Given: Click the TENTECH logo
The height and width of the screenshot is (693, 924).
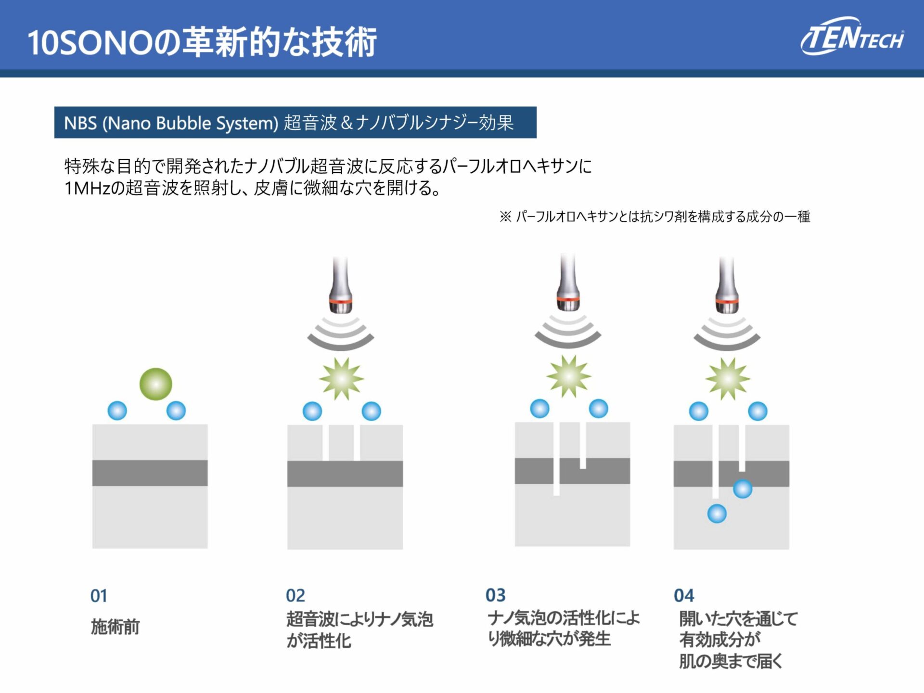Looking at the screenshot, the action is (852, 37).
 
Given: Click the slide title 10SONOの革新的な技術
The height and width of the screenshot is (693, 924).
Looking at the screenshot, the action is (202, 42).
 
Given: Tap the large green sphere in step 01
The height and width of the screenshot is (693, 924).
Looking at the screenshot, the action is (155, 384).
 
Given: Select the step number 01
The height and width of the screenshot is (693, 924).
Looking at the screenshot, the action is (99, 596).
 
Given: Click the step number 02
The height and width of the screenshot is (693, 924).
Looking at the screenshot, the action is (295, 596).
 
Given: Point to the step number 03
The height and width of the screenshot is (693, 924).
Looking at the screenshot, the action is (495, 595).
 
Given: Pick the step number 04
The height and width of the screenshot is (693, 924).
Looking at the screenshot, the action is (684, 596).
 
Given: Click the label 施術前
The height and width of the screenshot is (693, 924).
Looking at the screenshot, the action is (115, 627).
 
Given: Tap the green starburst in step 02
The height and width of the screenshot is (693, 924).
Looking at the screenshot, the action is (341, 379).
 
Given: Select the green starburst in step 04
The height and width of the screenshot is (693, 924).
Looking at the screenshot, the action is (728, 379).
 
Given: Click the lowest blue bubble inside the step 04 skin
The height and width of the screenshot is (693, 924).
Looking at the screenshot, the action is (717, 513).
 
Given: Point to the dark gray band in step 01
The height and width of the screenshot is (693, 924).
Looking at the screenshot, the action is (150, 473).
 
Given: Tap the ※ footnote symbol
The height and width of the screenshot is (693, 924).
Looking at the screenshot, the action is (505, 217).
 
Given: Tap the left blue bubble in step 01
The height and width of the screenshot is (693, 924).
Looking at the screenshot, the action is (117, 411).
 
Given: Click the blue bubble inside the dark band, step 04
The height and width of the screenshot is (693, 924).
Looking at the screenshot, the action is (742, 489).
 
